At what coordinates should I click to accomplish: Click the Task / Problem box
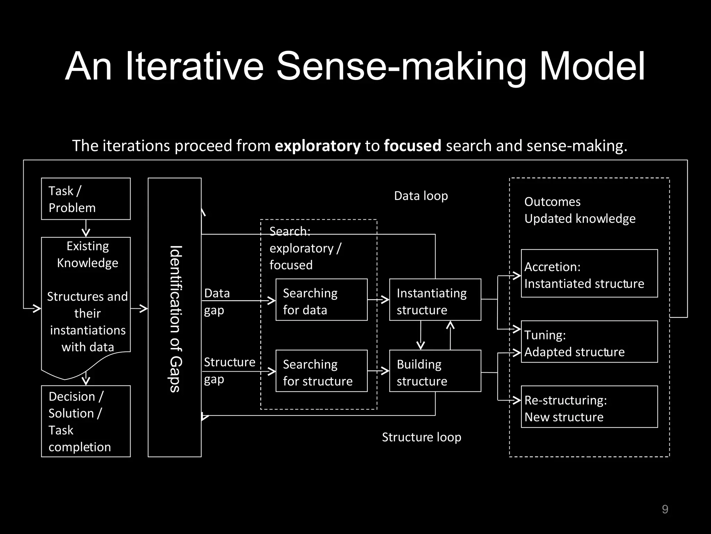[86, 199]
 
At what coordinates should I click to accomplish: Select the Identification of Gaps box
[175, 317]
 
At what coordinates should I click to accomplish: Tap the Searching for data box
[321, 300]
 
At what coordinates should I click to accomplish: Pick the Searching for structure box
[321, 371]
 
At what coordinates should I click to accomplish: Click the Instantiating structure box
[435, 300]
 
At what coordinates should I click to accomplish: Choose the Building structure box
[435, 371]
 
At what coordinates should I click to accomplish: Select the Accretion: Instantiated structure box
[589, 274]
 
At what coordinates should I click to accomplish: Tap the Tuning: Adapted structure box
[589, 342]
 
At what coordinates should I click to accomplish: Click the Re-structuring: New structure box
[589, 407]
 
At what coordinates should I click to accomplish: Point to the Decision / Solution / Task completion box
[86, 421]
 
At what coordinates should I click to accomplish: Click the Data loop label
[421, 196]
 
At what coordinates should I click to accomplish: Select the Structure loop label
[421, 437]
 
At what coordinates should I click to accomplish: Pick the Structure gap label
[229, 370]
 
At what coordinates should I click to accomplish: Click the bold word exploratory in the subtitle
[318, 146]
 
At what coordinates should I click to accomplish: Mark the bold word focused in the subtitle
[412, 146]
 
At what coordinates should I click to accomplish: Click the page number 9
[665, 509]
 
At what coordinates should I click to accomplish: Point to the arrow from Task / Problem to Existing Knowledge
[86, 228]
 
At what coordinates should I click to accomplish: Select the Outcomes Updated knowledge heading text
[579, 210]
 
